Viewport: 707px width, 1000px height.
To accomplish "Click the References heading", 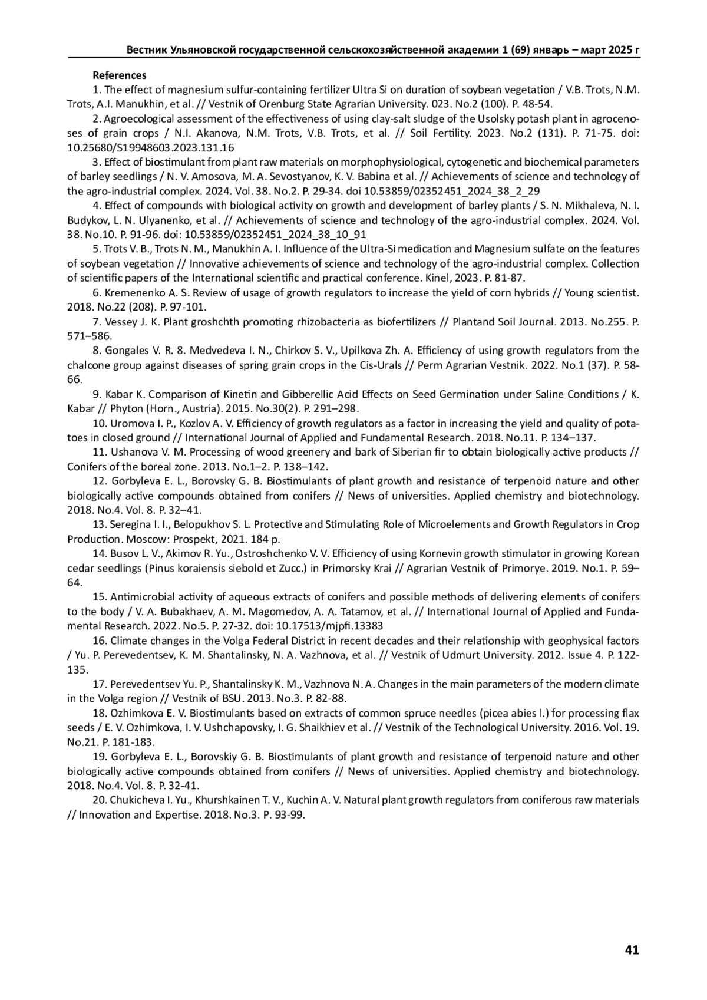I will [120, 75].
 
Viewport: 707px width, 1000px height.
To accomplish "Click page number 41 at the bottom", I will [632, 949].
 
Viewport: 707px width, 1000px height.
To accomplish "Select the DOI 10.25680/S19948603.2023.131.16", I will [151, 148].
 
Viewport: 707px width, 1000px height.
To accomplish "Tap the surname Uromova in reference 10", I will [130, 423].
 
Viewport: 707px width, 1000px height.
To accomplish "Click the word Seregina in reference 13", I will [128, 524].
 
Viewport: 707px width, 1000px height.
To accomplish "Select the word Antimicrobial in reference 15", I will [139, 597].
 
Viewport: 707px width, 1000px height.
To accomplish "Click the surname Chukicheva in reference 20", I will [135, 800].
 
